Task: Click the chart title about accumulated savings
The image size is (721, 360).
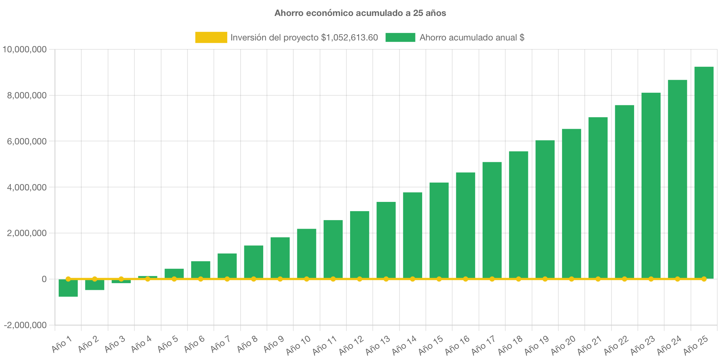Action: pyautogui.click(x=360, y=13)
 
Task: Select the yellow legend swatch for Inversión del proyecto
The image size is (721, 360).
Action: pyautogui.click(x=211, y=37)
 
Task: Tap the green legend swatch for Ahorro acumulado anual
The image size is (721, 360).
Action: pyautogui.click(x=400, y=37)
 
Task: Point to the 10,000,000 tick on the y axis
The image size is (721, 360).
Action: pyautogui.click(x=25, y=49)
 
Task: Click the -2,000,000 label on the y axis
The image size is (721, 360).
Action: pyautogui.click(x=25, y=325)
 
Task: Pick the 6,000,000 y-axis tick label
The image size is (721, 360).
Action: pyautogui.click(x=27, y=141)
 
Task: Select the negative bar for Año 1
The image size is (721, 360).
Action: pyautogui.click(x=68, y=288)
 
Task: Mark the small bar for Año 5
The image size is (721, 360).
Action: pyautogui.click(x=174, y=273)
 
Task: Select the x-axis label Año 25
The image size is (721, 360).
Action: pyautogui.click(x=696, y=345)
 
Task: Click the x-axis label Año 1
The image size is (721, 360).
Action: pyautogui.click(x=61, y=345)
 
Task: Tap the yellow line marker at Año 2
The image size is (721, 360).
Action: pyautogui.click(x=95, y=279)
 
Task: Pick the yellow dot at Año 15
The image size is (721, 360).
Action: pyautogui.click(x=439, y=279)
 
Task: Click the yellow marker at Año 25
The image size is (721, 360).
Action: pyautogui.click(x=704, y=279)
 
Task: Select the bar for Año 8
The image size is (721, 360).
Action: pyautogui.click(x=254, y=261)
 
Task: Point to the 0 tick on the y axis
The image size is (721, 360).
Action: pyautogui.click(x=44, y=279)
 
